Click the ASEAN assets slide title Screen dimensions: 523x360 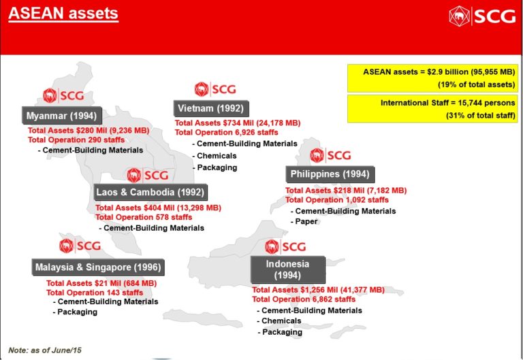click(63, 14)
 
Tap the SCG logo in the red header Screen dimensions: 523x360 click(482, 16)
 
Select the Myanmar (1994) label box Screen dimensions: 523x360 click(62, 116)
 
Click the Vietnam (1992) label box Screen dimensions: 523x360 click(211, 108)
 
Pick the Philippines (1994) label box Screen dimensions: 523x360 click(330, 174)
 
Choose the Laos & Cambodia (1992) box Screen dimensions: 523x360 click(150, 192)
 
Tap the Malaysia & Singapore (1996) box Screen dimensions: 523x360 click(98, 267)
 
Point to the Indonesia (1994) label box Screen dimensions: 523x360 click(287, 269)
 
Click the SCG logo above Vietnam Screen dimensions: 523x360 click(215, 89)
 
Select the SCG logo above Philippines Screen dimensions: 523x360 click(330, 155)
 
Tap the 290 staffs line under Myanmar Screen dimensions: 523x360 click(76, 140)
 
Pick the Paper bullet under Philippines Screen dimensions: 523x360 click(304, 221)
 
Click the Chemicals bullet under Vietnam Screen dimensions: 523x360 click(215, 156)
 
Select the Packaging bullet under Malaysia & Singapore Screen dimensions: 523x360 click(75, 312)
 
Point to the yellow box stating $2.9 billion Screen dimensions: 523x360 click(432, 78)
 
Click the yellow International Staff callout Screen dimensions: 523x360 click(432, 109)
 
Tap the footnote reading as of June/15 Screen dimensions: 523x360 click(45, 350)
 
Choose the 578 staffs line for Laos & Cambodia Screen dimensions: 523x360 click(144, 217)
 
